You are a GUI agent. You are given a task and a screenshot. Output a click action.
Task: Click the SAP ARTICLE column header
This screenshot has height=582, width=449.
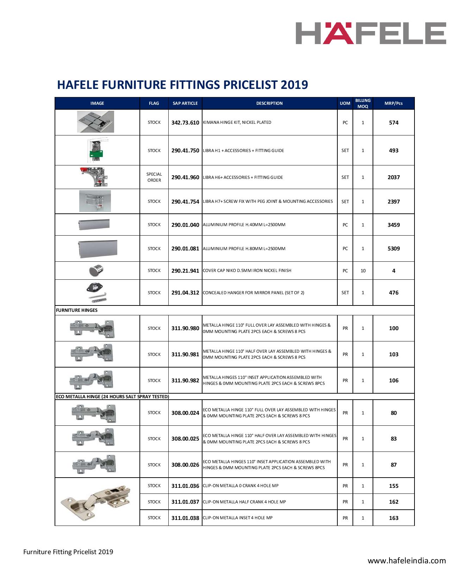(185, 103)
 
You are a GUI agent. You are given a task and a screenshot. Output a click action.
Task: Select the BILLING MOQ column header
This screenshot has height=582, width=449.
(363, 103)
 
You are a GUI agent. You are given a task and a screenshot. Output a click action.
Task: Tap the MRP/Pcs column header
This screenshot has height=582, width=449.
(393, 103)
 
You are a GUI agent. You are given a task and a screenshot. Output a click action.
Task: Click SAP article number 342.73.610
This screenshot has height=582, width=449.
(185, 123)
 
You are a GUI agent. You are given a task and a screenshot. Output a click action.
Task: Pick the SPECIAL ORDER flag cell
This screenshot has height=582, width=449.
(154, 177)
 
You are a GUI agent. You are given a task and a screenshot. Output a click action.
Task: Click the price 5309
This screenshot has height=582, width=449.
(393, 249)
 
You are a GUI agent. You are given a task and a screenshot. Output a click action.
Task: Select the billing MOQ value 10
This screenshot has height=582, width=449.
(363, 271)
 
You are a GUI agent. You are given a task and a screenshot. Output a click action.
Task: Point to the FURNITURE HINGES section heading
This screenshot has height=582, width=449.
(77, 310)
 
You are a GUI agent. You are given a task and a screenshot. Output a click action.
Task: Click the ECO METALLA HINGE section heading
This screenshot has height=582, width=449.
(112, 396)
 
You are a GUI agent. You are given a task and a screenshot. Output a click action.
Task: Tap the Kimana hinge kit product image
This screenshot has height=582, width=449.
(95, 122)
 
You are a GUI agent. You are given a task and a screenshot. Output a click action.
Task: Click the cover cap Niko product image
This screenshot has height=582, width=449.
(96, 271)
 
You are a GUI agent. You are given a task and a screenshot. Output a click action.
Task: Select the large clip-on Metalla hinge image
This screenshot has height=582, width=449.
(96, 502)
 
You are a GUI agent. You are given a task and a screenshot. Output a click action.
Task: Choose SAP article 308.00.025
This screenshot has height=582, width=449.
(185, 439)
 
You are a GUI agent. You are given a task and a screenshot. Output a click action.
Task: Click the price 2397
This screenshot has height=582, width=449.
(393, 202)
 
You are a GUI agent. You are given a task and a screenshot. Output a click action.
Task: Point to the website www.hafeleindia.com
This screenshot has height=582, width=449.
(407, 560)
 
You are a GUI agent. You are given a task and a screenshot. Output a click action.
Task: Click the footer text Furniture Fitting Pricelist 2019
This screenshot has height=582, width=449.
(68, 552)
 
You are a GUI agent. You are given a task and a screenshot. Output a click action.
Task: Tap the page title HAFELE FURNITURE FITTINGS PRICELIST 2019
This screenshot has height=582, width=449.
(182, 85)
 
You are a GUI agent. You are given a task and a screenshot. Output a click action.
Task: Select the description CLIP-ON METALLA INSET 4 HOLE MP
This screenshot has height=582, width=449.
(238, 518)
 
